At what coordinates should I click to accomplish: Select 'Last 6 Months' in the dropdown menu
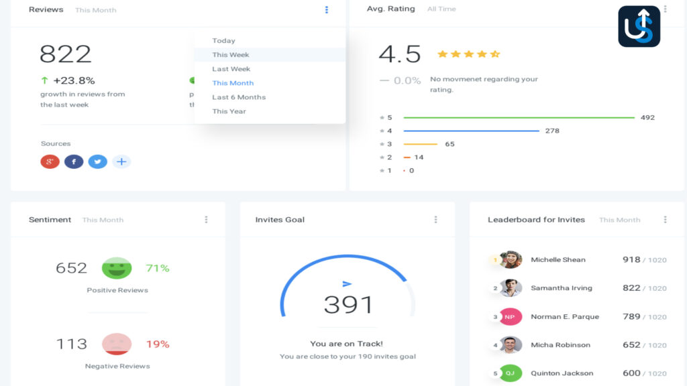tap(239, 97)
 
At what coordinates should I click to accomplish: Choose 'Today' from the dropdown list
tap(223, 41)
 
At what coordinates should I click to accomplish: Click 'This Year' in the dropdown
tap(229, 111)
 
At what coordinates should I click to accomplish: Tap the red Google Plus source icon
tap(50, 162)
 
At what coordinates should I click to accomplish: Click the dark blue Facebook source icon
tap(74, 162)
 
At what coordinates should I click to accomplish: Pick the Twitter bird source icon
tap(97, 162)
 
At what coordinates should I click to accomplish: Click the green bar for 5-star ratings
tap(519, 118)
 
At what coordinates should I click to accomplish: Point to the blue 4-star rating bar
tap(471, 131)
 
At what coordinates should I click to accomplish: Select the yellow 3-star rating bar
tap(420, 144)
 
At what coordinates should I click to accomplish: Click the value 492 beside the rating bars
tap(647, 118)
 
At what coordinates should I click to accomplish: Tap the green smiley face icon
tap(117, 268)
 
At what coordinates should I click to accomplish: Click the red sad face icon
tap(117, 344)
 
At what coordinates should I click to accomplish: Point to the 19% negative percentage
tap(158, 344)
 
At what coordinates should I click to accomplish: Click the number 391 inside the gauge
tap(348, 305)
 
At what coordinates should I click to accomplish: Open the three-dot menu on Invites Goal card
tap(435, 220)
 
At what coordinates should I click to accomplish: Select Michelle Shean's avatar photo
tap(511, 260)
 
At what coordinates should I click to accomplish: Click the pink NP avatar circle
tap(511, 317)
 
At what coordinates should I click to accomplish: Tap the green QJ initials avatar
tap(511, 373)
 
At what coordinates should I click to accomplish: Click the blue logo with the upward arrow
tap(639, 26)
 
